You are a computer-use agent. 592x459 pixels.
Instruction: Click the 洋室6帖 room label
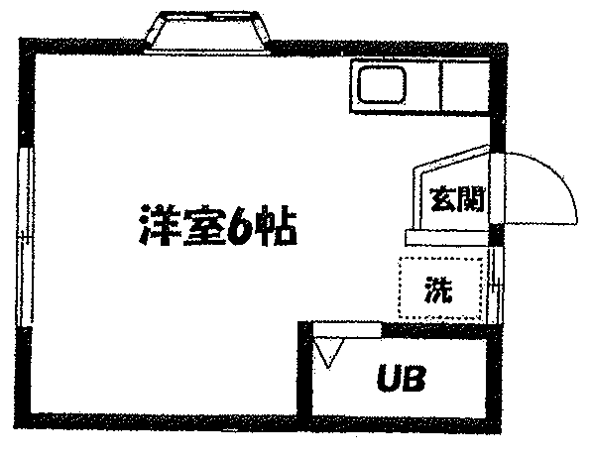218,226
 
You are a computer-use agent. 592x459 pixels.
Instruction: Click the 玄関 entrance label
457,198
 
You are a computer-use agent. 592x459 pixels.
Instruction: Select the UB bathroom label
402,377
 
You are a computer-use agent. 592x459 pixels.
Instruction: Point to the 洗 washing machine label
438,289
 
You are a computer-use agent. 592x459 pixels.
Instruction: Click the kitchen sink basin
382,84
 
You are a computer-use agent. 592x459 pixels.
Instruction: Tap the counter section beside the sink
465,86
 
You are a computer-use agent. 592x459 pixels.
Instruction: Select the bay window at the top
207,31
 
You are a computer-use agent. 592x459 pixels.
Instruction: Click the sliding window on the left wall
25,237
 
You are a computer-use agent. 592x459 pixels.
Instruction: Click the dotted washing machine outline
399,287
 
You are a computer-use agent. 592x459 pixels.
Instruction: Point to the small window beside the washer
496,286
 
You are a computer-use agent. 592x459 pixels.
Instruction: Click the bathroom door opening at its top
347,329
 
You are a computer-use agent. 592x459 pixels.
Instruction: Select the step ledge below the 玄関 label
446,238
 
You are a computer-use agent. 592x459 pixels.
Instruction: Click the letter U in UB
389,377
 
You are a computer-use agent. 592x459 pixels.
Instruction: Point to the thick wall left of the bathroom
305,370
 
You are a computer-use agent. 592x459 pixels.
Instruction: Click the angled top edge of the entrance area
451,157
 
